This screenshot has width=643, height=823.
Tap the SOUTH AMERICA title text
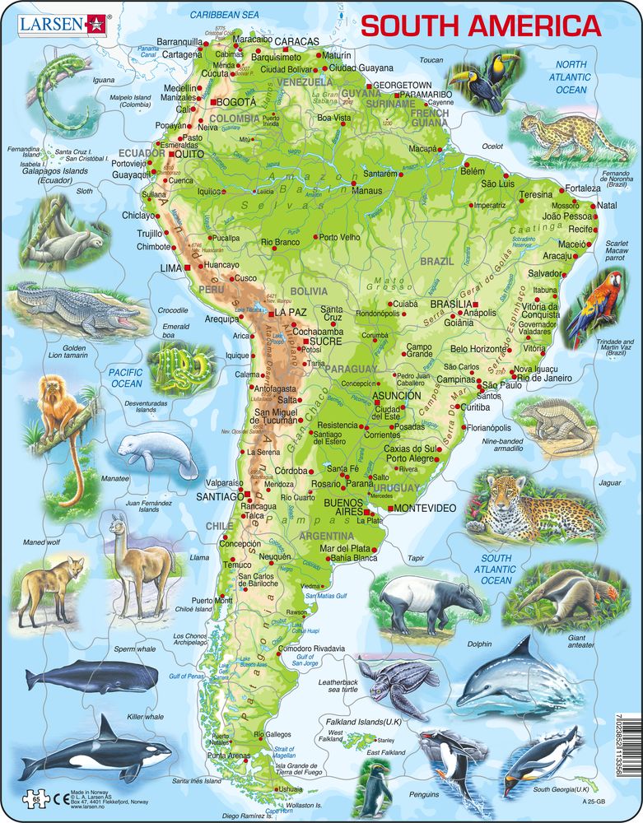pyautogui.click(x=481, y=26)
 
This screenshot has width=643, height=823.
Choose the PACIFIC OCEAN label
pyautogui.click(x=126, y=378)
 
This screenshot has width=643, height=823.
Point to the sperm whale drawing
pyautogui.click(x=91, y=677)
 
